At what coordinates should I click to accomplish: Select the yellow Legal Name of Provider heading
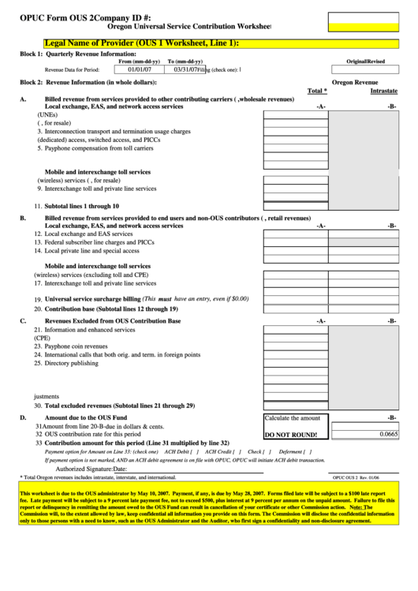142,44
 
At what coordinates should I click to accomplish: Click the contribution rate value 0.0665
388,434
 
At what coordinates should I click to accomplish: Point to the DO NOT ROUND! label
290,435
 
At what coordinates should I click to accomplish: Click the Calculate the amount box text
292,418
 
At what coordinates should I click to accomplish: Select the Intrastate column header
383,91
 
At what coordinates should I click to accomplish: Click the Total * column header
316,91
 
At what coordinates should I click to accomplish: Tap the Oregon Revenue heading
354,81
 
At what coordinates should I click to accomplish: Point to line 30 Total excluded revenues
114,405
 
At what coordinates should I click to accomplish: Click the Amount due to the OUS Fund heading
86,417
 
